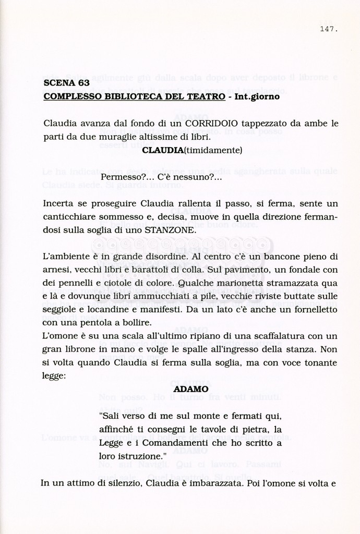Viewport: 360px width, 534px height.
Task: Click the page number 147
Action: click(328, 29)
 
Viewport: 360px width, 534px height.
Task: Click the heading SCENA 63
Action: click(66, 82)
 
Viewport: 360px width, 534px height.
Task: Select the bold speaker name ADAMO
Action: click(190, 389)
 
